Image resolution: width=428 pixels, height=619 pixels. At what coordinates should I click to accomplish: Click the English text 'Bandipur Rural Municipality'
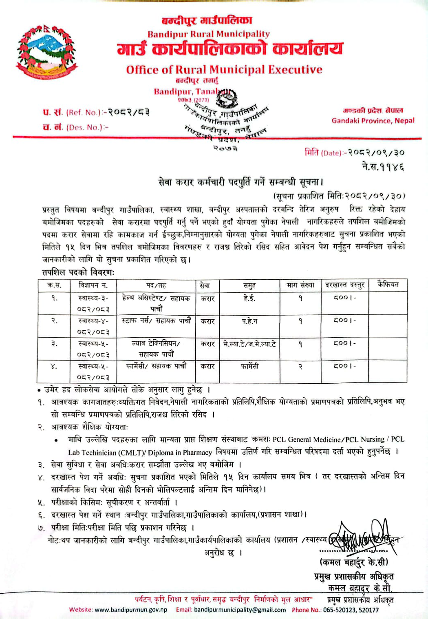[208, 34]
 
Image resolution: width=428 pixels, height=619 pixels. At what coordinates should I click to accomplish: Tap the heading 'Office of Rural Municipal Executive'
[224, 70]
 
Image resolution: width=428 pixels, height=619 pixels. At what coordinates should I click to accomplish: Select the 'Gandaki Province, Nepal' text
[373, 121]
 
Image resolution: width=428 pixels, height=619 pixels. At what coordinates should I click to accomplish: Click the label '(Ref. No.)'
[82, 112]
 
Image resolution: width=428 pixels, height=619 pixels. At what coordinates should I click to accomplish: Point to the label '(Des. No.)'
[82, 127]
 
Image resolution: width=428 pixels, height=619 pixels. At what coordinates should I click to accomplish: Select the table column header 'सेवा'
[205, 285]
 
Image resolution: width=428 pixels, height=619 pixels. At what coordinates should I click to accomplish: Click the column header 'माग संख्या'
[300, 285]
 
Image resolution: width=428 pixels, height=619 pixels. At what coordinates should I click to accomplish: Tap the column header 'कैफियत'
[388, 285]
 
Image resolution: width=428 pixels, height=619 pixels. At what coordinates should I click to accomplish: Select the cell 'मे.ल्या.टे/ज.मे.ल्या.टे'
[249, 344]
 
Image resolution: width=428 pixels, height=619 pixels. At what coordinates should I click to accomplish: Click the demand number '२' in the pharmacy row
[300, 367]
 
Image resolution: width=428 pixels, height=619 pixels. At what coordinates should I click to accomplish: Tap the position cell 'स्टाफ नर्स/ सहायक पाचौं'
[156, 321]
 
